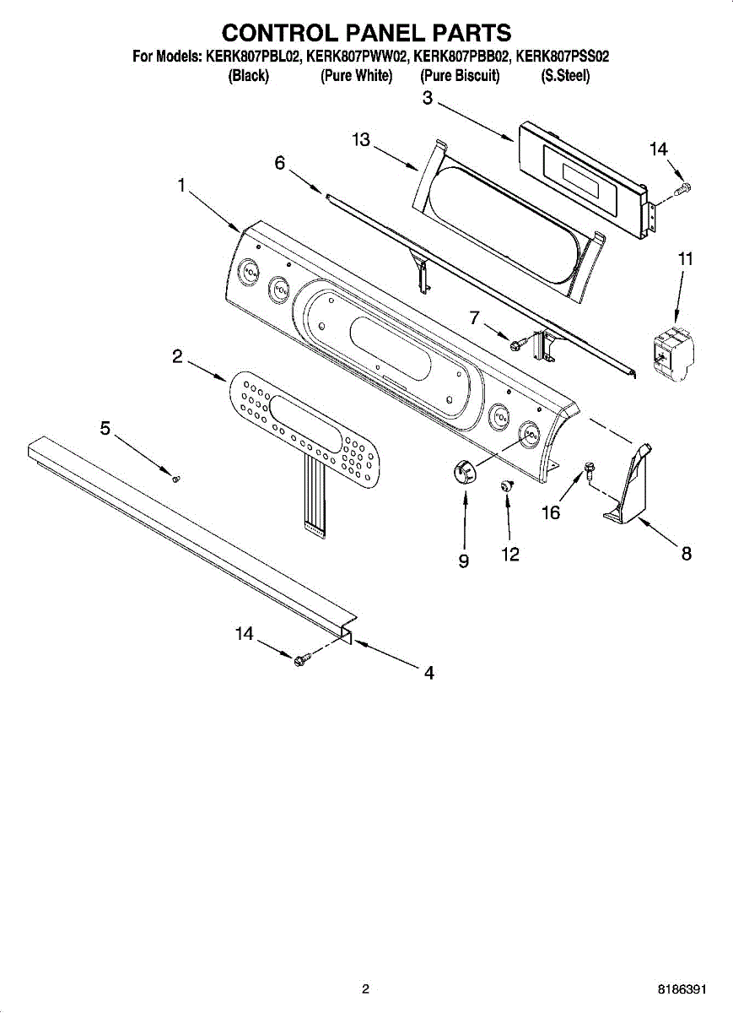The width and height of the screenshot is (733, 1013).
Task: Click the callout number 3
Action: (428, 99)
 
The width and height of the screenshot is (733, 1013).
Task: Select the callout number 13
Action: (361, 140)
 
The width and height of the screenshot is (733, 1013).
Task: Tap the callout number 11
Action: (686, 259)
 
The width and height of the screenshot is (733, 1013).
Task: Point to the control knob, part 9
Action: (465, 472)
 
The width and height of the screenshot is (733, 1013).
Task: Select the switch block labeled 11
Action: (672, 353)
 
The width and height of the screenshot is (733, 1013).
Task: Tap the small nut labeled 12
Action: (506, 485)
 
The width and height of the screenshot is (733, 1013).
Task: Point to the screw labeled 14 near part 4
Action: (299, 658)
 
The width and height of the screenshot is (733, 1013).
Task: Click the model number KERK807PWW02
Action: (358, 58)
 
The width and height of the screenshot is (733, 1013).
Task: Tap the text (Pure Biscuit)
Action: (460, 77)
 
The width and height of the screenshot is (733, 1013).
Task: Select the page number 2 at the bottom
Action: (365, 989)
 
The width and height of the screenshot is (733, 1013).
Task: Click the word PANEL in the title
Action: (385, 32)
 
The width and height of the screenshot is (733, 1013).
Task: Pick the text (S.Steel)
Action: (565, 77)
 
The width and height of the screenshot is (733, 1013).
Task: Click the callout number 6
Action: (280, 163)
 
